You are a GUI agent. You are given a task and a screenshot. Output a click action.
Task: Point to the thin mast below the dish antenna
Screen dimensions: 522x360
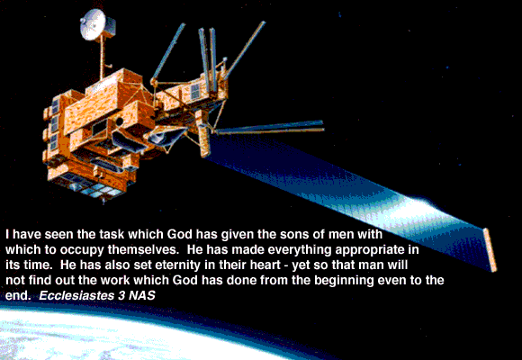pyautogui.click(x=102, y=56)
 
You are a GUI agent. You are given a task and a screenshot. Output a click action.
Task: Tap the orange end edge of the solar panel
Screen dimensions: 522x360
pyautogui.click(x=490, y=249)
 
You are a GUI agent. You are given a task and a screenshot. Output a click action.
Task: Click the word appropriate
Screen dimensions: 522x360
pyautogui.click(x=365, y=251)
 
